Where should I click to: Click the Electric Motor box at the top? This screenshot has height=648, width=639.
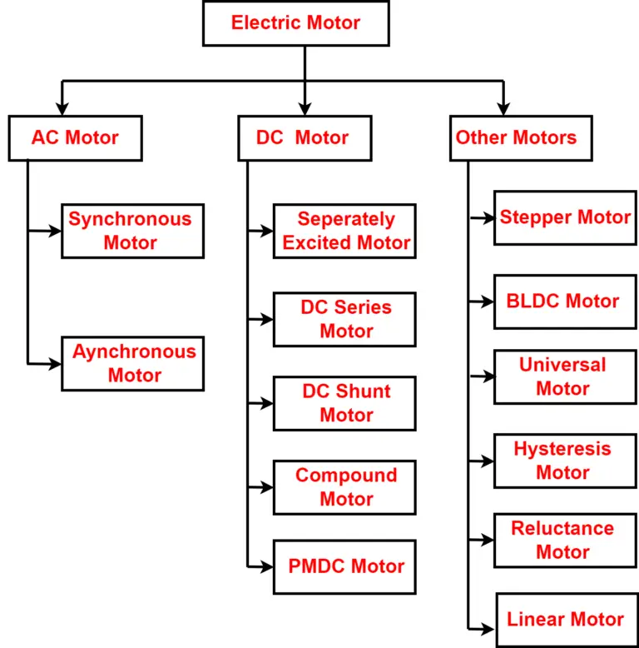295,23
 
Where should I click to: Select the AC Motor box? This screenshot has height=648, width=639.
75,138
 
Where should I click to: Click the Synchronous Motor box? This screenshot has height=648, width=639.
132,231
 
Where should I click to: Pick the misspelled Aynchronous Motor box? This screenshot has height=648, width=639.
132,363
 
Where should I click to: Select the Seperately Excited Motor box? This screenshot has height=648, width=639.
344,231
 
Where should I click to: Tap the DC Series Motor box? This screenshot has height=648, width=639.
344,319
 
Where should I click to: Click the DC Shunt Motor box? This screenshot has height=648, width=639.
344,403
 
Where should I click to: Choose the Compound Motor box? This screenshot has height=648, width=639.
344,487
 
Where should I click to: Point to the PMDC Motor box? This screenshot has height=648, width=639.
344,566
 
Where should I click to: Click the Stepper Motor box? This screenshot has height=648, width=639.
565,217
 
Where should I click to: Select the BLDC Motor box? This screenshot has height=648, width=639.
565,302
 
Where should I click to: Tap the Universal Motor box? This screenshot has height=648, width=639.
565,376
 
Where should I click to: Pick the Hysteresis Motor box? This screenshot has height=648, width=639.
565,461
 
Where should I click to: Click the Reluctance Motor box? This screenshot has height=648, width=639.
565,540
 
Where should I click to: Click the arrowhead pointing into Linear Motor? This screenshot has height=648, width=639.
489,630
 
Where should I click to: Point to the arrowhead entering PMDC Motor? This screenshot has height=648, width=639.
267,566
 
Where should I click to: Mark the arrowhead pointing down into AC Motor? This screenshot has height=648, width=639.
61,108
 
